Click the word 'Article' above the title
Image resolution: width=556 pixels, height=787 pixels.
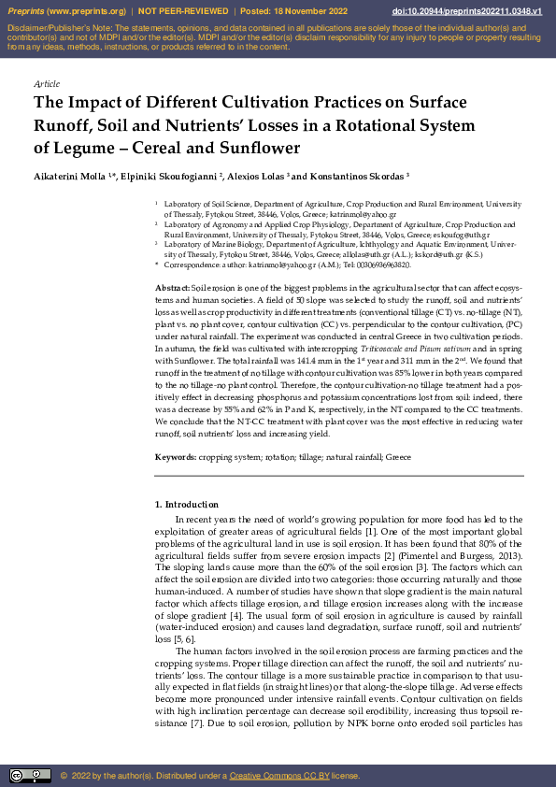pos(47,84)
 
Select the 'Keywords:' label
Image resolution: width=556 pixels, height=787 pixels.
pos(175,456)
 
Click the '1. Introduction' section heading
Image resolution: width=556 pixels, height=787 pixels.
pos(186,505)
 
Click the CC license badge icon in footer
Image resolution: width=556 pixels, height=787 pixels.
pos(30,776)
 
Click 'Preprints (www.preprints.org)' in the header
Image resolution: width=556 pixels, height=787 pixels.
pos(65,11)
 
